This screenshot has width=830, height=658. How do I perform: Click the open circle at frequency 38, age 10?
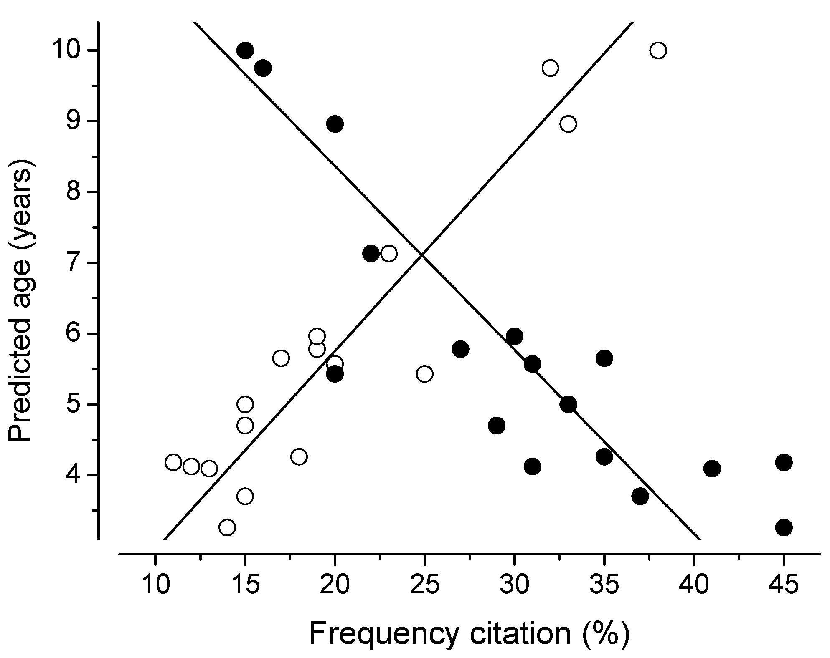658,50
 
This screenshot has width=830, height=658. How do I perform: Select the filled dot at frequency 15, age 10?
245,50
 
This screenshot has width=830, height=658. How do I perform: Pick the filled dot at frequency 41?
712,469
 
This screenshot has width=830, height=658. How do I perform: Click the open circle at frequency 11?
173,462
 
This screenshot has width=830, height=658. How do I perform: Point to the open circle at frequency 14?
227,527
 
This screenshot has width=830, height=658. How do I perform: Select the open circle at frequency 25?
424,373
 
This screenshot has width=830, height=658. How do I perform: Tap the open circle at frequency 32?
550,68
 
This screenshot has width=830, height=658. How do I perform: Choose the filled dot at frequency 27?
460,349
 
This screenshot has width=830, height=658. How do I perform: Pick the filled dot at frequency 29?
496,426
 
